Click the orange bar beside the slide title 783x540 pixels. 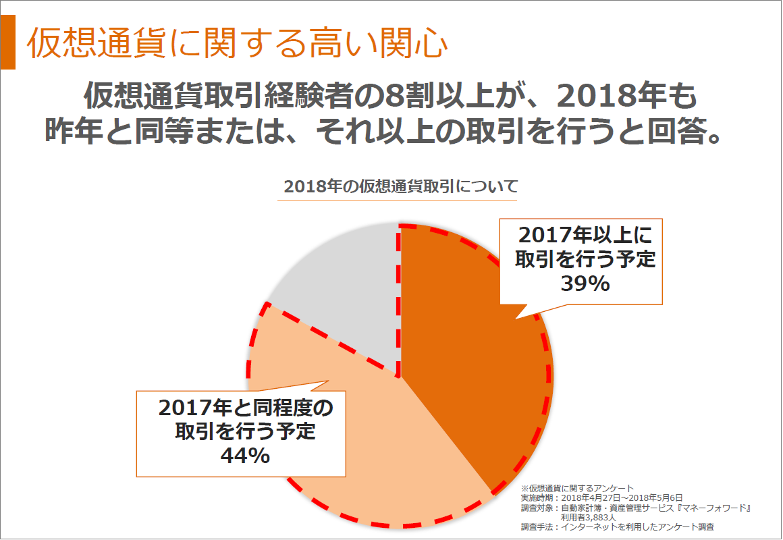pyautogui.click(x=8, y=41)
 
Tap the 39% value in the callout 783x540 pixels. pyautogui.click(x=585, y=283)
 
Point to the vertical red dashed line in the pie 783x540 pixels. pyautogui.click(x=400, y=304)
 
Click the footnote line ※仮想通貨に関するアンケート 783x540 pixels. pyautogui.click(x=578, y=488)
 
